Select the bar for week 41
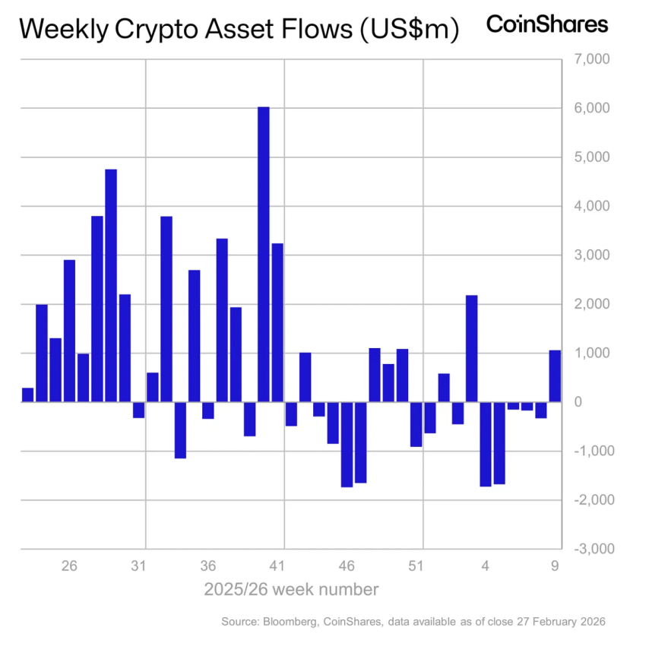click(x=277, y=322)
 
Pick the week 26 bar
click(x=69, y=331)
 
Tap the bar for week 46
click(x=347, y=444)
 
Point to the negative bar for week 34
click(x=180, y=430)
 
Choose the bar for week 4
click(x=486, y=444)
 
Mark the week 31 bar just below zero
click(x=138, y=410)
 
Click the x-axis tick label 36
click(x=208, y=566)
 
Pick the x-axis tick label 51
click(x=416, y=566)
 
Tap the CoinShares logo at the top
click(x=546, y=24)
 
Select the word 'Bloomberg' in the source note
click(x=290, y=622)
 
